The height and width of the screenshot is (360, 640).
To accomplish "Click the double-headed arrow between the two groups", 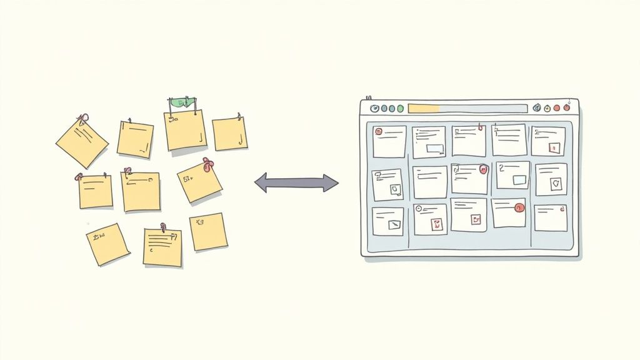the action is [x=296, y=182].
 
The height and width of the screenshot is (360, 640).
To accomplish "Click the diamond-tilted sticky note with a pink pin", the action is [x=82, y=141].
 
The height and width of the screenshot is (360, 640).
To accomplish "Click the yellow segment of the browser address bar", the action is [x=423, y=108].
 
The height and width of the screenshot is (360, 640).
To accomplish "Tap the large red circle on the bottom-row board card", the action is [x=518, y=208].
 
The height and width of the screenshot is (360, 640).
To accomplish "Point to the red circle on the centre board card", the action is [x=483, y=169].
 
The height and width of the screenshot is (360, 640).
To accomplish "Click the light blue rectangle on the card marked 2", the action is [x=519, y=180].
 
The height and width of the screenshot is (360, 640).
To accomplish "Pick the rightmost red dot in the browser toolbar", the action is [x=566, y=107].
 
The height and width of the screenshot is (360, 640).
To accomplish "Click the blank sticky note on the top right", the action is [x=229, y=134].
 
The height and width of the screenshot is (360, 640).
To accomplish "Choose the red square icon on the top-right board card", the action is [x=553, y=147].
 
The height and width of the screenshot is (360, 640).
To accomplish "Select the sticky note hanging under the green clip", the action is [x=186, y=131].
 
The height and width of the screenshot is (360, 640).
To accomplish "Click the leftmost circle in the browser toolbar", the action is [x=374, y=108].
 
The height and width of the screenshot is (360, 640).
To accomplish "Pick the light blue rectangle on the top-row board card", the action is [x=435, y=149].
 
